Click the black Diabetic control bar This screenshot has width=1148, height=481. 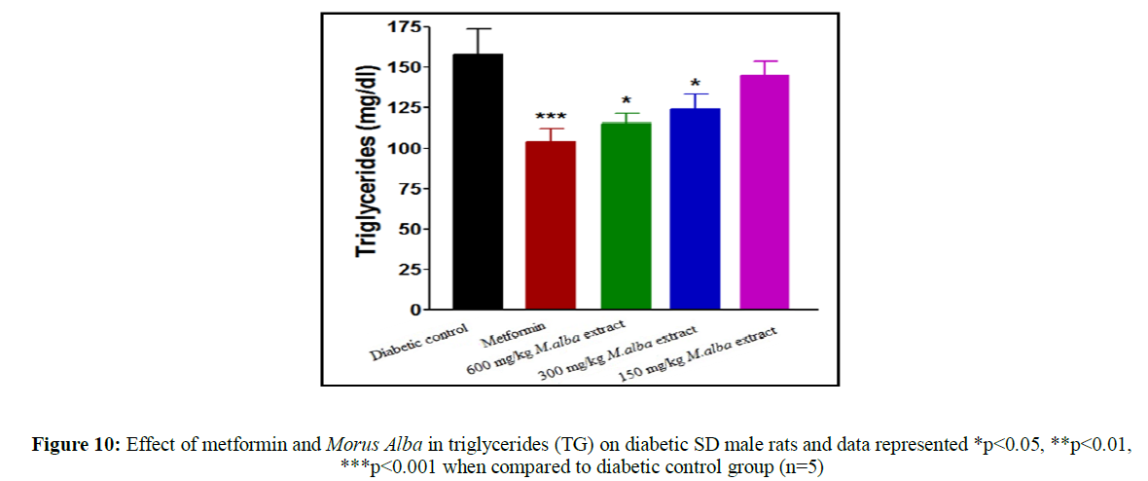coord(478,185)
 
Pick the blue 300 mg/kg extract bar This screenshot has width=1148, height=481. coord(696,210)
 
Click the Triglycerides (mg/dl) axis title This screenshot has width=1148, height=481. coord(367,166)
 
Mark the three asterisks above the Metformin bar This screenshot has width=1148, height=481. coord(551,118)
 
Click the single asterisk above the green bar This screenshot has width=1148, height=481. coord(625,102)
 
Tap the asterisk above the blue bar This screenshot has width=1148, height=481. coord(695,85)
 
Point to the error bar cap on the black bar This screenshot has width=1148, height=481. coord(478,29)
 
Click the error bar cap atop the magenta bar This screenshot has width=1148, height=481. coord(765,61)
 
